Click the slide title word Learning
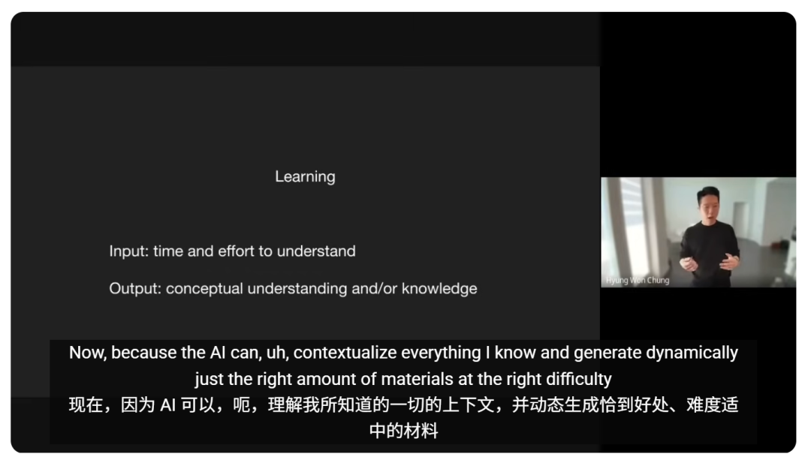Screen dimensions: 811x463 tap(305, 177)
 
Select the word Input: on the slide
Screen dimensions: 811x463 tap(129, 251)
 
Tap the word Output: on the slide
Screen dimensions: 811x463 tap(135, 288)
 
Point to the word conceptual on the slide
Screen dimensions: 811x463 tap(204, 289)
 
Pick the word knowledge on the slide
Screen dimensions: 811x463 tap(439, 288)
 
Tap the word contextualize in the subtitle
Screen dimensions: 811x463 tap(345, 353)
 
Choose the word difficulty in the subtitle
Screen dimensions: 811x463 tap(579, 379)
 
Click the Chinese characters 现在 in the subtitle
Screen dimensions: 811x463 tap(86, 404)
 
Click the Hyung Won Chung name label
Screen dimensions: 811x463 tap(638, 280)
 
